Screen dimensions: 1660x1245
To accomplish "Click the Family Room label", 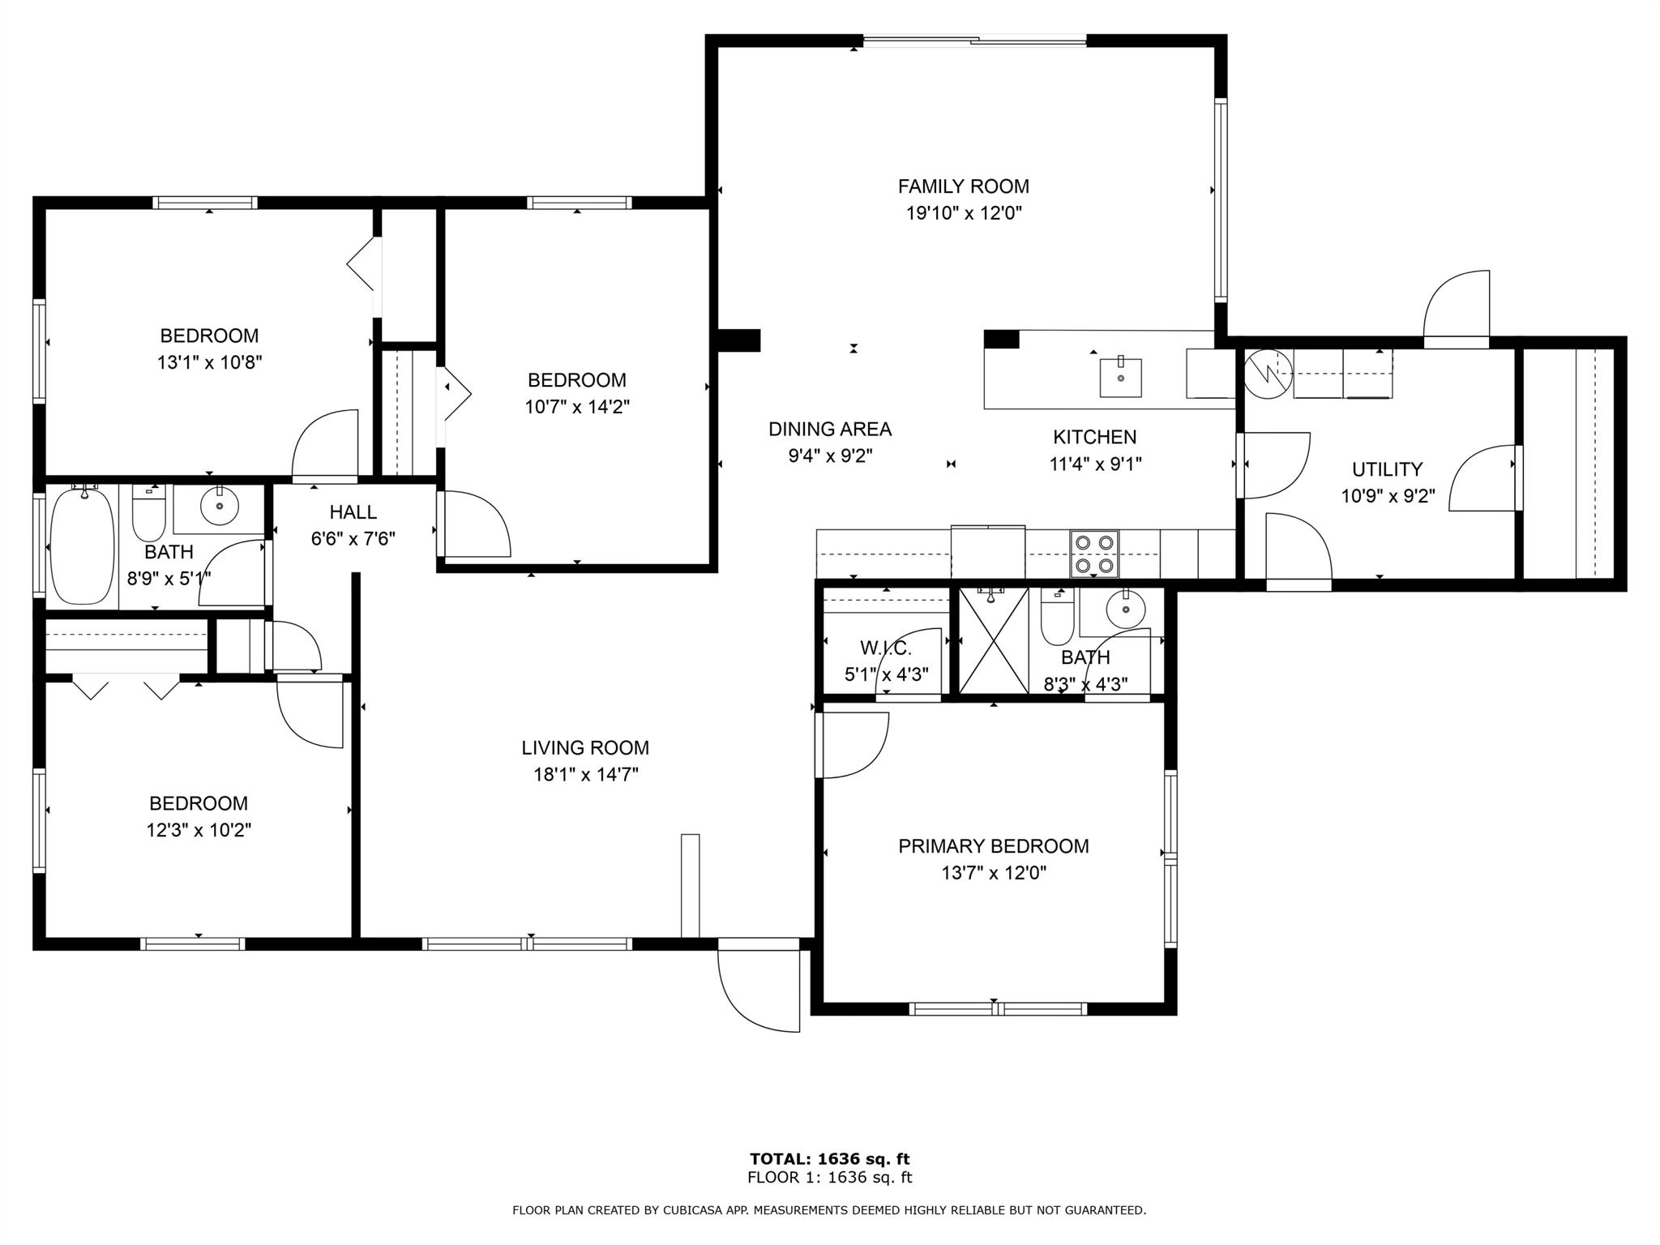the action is click(963, 186).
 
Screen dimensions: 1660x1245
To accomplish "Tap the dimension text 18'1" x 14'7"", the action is click(585, 775).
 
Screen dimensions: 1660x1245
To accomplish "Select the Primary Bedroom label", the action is click(993, 846).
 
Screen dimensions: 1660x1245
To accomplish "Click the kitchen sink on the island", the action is click(1120, 377).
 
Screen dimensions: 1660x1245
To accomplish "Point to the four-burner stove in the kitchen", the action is click(1094, 554).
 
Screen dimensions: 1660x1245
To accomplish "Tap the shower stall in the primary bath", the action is click(994, 640).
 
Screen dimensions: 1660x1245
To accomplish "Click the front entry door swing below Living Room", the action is click(759, 985).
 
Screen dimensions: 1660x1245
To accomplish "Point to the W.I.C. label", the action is click(886, 648).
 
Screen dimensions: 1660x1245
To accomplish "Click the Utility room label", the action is click(1387, 469).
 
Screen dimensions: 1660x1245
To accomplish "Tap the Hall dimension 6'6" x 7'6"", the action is click(353, 539).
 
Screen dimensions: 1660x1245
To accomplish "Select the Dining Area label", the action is click(830, 430).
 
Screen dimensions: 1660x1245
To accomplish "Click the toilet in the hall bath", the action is click(148, 512).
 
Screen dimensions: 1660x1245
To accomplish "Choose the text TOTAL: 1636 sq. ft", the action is click(830, 1159).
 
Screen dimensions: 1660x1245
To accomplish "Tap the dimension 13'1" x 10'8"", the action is click(210, 362).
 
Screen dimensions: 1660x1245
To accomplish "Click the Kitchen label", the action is click(1094, 438).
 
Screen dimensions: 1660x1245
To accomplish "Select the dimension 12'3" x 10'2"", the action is click(199, 831).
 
